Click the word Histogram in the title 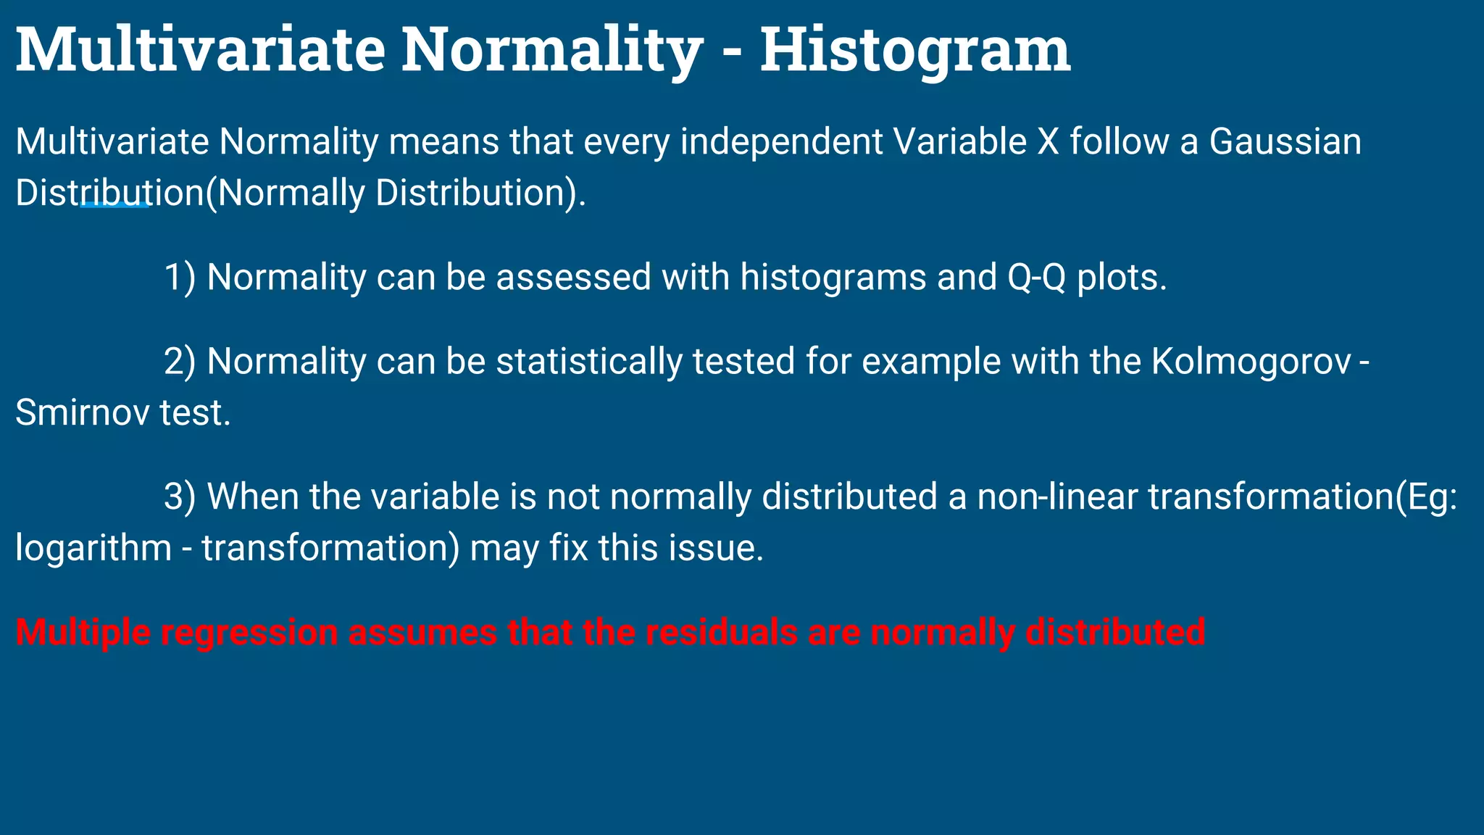click(914, 51)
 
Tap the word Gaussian click(1285, 141)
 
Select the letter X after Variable click(1048, 141)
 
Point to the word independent click(781, 141)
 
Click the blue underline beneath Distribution click(114, 207)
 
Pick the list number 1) click(180, 277)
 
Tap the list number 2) click(180, 361)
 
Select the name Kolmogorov click(1251, 361)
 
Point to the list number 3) click(180, 497)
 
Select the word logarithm click(93, 548)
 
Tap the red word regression click(249, 632)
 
